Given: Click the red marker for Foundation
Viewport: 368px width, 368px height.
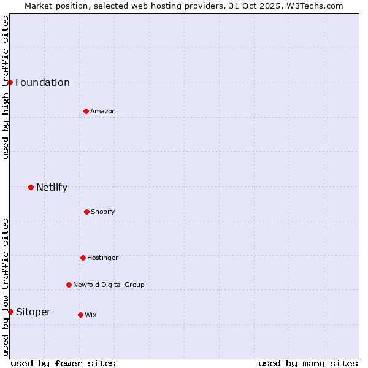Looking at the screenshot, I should (10, 82).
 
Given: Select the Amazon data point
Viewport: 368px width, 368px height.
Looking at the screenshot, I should (86, 111).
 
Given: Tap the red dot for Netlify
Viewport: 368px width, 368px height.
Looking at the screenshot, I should (31, 187).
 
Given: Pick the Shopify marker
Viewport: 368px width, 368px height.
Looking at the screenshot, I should (86, 212).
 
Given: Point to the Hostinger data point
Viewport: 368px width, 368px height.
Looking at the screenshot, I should (83, 258).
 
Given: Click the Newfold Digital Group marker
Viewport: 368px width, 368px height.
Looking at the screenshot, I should (69, 285).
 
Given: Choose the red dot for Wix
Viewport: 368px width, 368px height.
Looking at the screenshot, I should (80, 315).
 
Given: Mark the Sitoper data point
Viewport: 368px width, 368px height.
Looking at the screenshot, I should (10, 312).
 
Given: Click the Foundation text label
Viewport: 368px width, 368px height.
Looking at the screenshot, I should (42, 83).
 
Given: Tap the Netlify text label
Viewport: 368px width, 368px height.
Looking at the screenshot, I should (52, 188).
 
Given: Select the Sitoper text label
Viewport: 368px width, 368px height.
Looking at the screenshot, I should (33, 312).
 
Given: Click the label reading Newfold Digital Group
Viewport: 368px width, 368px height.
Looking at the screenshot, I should (109, 285).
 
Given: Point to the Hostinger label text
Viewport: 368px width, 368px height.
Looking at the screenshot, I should (102, 258).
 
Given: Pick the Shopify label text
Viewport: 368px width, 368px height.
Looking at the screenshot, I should (102, 212).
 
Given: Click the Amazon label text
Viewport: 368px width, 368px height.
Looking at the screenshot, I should (102, 111).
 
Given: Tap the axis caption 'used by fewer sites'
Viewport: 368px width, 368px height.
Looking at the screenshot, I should (63, 363).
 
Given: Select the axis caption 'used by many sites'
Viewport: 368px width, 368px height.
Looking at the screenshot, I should (308, 363).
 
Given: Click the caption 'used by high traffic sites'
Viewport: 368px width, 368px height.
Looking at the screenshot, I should (6, 87).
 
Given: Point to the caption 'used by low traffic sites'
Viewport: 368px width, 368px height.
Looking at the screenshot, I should (6, 287).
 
